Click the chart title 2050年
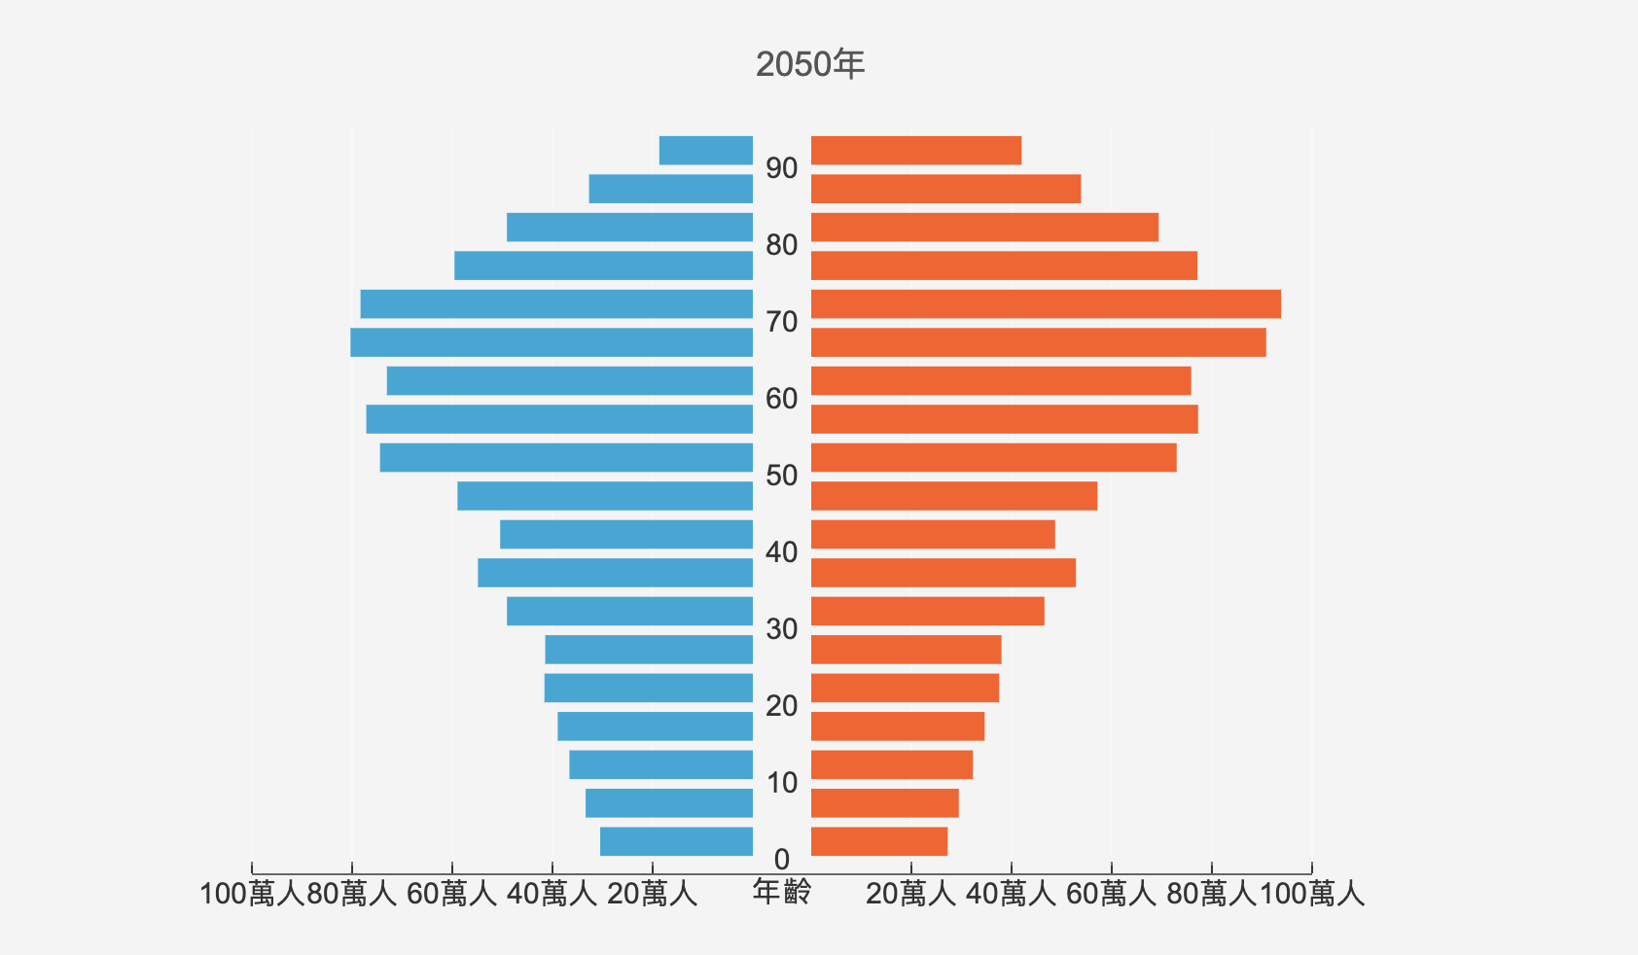(809, 65)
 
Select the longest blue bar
(552, 342)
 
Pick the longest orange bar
(1046, 304)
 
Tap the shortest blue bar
(706, 151)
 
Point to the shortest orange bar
(878, 842)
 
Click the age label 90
(781, 168)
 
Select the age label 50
(781, 476)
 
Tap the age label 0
(781, 860)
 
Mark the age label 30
(781, 629)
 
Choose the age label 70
(781, 322)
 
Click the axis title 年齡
(781, 892)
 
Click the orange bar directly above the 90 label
(915, 151)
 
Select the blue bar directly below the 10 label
(669, 803)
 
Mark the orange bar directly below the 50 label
(953, 496)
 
